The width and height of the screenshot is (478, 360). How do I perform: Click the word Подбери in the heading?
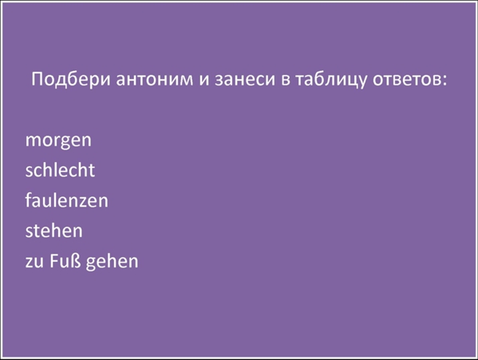(x=70, y=79)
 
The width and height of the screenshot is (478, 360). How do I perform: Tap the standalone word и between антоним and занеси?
(x=204, y=81)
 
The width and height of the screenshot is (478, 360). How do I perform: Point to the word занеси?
(x=245, y=81)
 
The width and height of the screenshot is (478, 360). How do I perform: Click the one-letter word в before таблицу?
(x=286, y=81)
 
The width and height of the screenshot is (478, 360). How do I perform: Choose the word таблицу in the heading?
(x=330, y=80)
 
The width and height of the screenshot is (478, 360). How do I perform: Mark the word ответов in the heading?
(x=406, y=81)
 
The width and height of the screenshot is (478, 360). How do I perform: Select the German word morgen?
(x=58, y=140)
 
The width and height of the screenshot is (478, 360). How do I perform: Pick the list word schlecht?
(x=60, y=169)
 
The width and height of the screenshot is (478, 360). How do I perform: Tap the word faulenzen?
(x=66, y=200)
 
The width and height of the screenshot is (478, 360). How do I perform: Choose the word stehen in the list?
(x=54, y=230)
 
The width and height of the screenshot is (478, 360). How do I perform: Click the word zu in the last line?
(x=34, y=262)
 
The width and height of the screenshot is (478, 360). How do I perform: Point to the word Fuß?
(x=65, y=261)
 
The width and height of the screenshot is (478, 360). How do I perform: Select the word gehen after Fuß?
(x=113, y=262)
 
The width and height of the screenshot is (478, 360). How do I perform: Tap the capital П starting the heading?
(x=37, y=80)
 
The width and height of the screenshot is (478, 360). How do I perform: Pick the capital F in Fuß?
(x=53, y=261)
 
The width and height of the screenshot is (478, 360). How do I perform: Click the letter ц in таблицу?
(x=351, y=81)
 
